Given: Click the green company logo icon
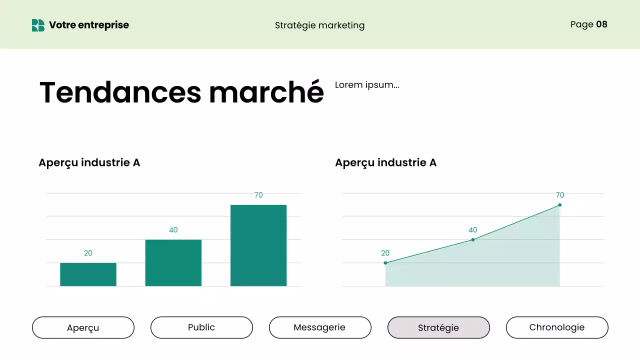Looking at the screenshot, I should [38, 25].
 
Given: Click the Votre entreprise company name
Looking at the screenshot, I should [89, 25].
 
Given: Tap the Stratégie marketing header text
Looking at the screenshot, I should [319, 25].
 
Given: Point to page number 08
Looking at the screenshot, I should [601, 24].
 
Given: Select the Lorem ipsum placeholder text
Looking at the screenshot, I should [367, 84].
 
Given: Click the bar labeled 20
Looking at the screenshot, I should [88, 274].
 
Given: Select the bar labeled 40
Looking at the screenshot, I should [173, 263].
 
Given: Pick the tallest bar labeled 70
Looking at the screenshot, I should [258, 245].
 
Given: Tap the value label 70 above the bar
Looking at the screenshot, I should [258, 195].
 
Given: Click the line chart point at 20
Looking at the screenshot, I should [385, 263].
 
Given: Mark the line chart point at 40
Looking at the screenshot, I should [472, 240].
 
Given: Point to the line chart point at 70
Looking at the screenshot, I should [559, 205].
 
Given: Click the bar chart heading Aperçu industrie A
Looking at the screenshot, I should [89, 162].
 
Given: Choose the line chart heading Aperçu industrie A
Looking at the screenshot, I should [385, 162].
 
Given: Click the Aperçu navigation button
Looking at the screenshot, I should [83, 327].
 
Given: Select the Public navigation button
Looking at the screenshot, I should [201, 327].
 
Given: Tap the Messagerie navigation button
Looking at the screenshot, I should [320, 327].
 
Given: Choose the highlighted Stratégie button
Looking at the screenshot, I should [438, 327].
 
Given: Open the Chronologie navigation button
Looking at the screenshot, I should [557, 327].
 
